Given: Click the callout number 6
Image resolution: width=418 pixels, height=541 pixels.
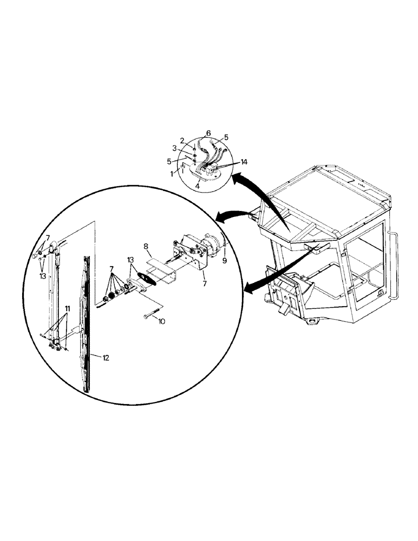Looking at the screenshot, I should click(208, 134).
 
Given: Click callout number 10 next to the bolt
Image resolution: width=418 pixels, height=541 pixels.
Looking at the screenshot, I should click(161, 321).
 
